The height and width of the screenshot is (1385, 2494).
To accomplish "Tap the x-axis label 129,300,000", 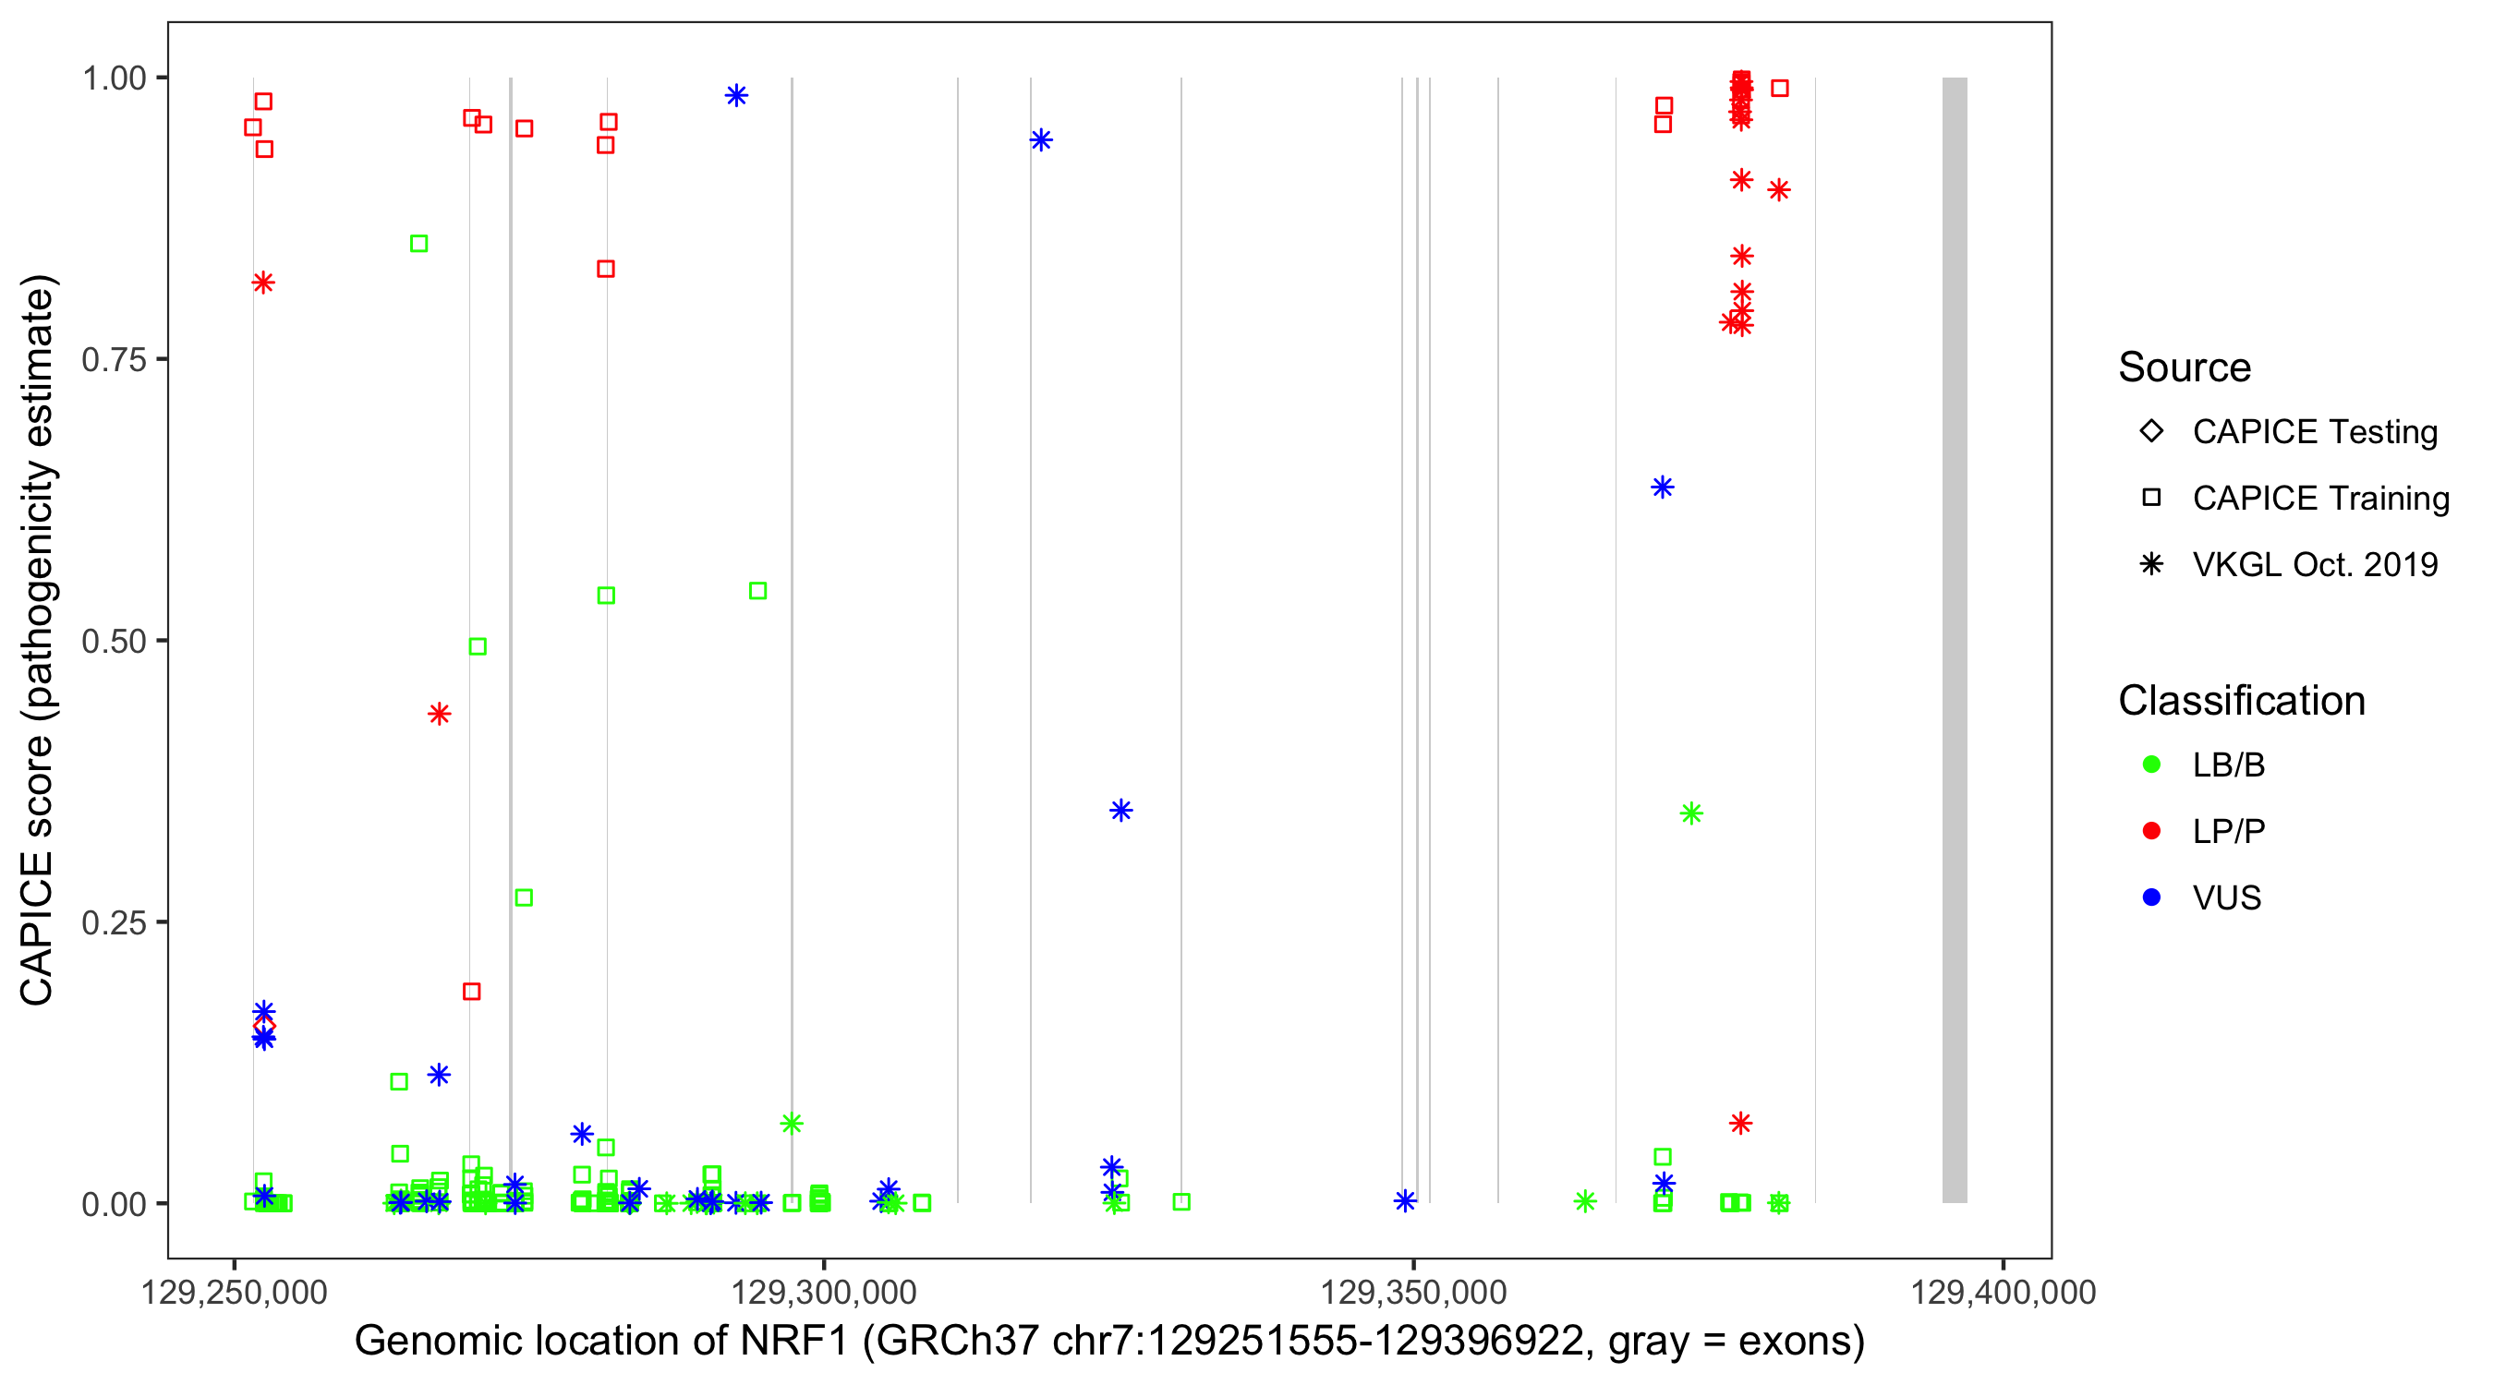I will [x=823, y=1292].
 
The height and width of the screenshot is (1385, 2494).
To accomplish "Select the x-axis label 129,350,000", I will [x=1413, y=1292].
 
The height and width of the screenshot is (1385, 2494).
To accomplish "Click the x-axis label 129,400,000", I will [x=2004, y=1292].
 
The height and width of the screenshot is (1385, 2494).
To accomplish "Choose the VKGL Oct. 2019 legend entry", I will [x=2314, y=564].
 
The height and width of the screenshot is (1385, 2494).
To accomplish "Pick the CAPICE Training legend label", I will [x=2319, y=499].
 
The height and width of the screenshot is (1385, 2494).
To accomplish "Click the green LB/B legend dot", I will [x=2151, y=765].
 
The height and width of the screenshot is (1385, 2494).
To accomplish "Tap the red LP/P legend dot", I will [x=2151, y=831].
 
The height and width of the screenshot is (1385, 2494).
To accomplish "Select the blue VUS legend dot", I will [x=2151, y=897].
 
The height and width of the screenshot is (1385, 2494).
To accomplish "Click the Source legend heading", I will [x=2185, y=367].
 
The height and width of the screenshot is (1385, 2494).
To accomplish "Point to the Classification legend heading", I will [x=2241, y=701].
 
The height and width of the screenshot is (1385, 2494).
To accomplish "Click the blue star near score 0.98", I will [x=737, y=96].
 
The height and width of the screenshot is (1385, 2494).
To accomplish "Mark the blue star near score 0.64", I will [x=1663, y=487].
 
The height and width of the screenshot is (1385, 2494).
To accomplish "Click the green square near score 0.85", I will [x=419, y=244].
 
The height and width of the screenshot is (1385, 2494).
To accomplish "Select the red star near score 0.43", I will [x=440, y=715].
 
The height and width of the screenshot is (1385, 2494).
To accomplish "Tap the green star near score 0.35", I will [x=1691, y=814].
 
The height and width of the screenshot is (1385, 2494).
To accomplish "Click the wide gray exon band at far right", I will [x=1955, y=639].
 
